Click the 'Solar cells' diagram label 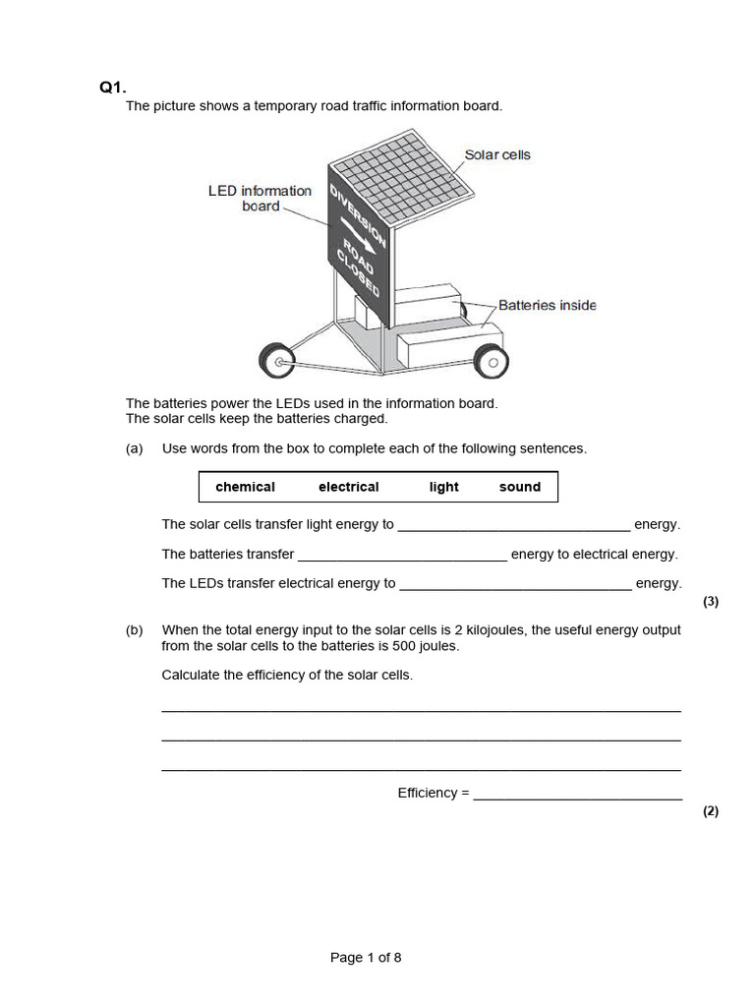pyautogui.click(x=497, y=155)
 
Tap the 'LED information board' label pyautogui.click(x=260, y=198)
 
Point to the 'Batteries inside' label pyautogui.click(x=547, y=305)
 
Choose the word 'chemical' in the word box pyautogui.click(x=245, y=487)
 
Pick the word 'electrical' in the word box pyautogui.click(x=348, y=487)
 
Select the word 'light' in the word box pyautogui.click(x=443, y=487)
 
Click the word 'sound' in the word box pyautogui.click(x=519, y=487)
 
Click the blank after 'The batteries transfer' pyautogui.click(x=402, y=555)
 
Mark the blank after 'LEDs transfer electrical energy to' pyautogui.click(x=516, y=584)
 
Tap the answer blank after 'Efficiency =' pyautogui.click(x=577, y=794)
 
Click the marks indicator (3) pyautogui.click(x=711, y=603)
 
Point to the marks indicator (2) pyautogui.click(x=711, y=811)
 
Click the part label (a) pyautogui.click(x=135, y=448)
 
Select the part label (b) pyautogui.click(x=135, y=630)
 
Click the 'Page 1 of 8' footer pyautogui.click(x=366, y=958)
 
